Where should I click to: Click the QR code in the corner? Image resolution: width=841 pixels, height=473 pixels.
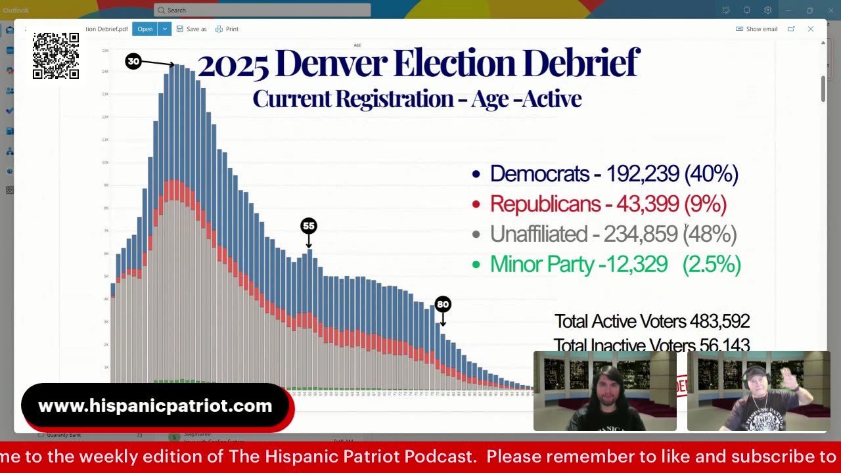pyautogui.click(x=56, y=56)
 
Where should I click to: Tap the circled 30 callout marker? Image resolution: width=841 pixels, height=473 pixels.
pyautogui.click(x=133, y=61)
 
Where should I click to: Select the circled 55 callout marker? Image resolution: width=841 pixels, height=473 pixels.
pyautogui.click(x=308, y=226)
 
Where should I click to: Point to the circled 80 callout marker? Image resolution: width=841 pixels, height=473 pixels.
pyautogui.click(x=443, y=304)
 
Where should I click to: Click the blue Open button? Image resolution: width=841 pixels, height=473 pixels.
pyautogui.click(x=145, y=29)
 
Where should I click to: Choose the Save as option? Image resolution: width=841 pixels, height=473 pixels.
pyautogui.click(x=191, y=29)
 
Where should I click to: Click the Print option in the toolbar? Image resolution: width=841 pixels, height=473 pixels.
pyautogui.click(x=227, y=29)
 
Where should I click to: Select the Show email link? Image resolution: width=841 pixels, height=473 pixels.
pyautogui.click(x=757, y=29)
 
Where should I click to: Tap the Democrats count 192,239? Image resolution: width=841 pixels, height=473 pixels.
pyautogui.click(x=642, y=173)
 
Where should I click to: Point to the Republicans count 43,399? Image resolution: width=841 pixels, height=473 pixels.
pyautogui.click(x=647, y=204)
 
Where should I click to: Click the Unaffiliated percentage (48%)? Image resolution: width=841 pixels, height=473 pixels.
pyautogui.click(x=710, y=234)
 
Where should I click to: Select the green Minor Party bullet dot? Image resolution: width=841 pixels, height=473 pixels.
pyautogui.click(x=476, y=265)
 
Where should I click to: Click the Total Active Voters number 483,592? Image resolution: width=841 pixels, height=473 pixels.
pyautogui.click(x=719, y=321)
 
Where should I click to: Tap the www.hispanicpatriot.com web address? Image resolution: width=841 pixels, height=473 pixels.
pyautogui.click(x=155, y=406)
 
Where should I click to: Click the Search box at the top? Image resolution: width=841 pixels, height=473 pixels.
pyautogui.click(x=263, y=10)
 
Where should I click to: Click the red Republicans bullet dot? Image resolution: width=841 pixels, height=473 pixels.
pyautogui.click(x=476, y=204)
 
